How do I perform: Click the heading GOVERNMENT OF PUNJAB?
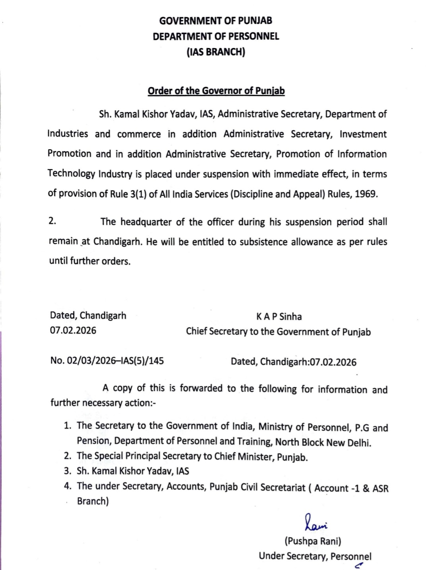pos(215,21)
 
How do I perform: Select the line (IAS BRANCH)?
pos(215,52)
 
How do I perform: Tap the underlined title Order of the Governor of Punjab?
pos(216,91)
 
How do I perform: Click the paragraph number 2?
pos(52,221)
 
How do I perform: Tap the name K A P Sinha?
pos(279,316)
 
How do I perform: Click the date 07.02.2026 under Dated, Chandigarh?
pos(73,330)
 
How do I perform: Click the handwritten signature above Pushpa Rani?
pos(316,522)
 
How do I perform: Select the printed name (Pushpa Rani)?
pos(312,541)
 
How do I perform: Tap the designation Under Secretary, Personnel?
pos(315,556)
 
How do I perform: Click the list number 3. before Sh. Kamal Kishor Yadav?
pos(68,471)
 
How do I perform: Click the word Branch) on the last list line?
pos(93,501)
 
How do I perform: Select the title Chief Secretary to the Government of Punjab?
pos(278,331)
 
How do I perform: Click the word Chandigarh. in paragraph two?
pos(118,242)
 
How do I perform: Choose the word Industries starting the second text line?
pos(68,134)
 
